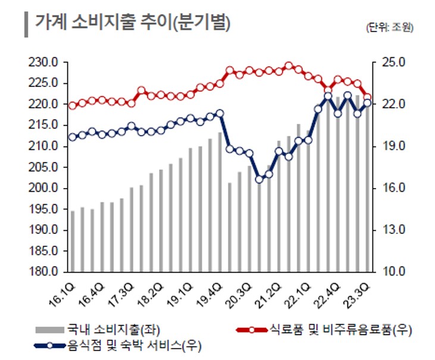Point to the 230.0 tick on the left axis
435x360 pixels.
[x=44, y=62]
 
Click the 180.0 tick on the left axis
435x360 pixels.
[x=44, y=271]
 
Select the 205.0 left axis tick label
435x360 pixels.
[x=44, y=167]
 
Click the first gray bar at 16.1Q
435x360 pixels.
[x=73, y=241]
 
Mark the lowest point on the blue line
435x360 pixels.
[x=259, y=179]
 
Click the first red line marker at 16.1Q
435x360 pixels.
[x=73, y=105]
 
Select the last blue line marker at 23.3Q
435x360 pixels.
[x=367, y=103]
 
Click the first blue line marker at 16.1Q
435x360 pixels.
[x=73, y=137]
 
